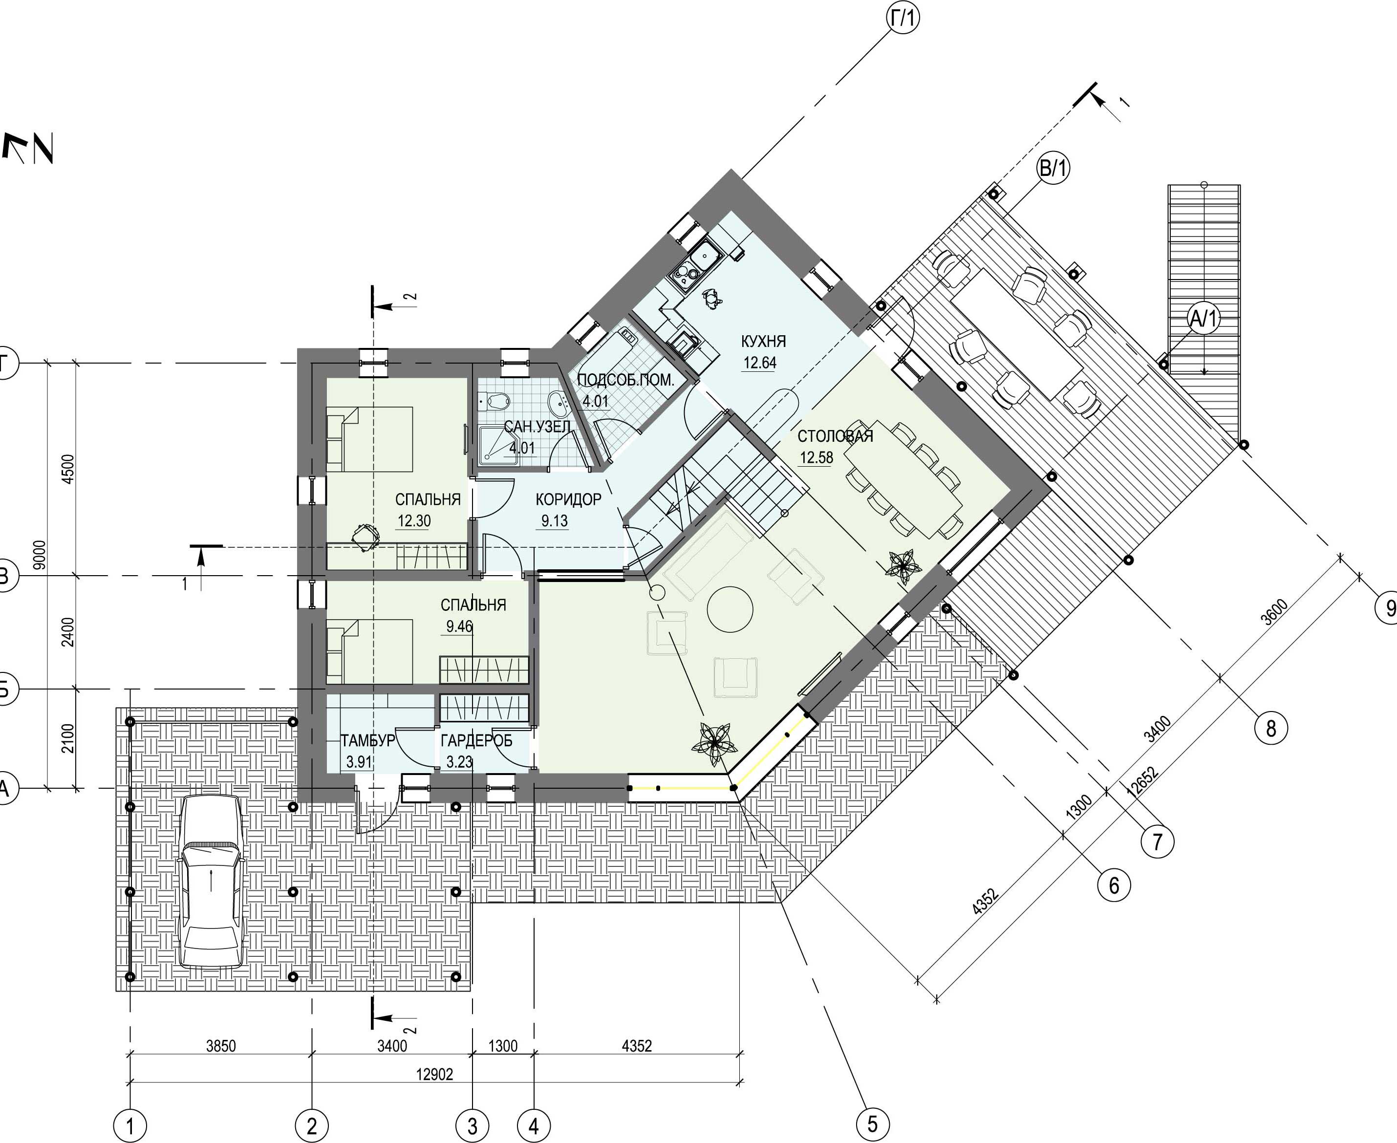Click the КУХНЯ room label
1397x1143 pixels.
click(x=763, y=342)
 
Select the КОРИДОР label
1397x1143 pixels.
click(x=568, y=500)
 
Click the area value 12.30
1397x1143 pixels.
click(x=414, y=521)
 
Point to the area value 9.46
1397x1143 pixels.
click(x=459, y=626)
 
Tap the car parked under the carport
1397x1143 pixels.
click(x=211, y=881)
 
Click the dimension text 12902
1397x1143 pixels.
click(x=434, y=1075)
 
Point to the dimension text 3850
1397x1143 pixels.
click(x=220, y=1046)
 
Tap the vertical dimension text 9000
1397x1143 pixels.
click(x=40, y=557)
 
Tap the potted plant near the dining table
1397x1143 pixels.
click(x=901, y=565)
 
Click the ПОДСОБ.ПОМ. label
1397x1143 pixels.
click(x=625, y=380)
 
